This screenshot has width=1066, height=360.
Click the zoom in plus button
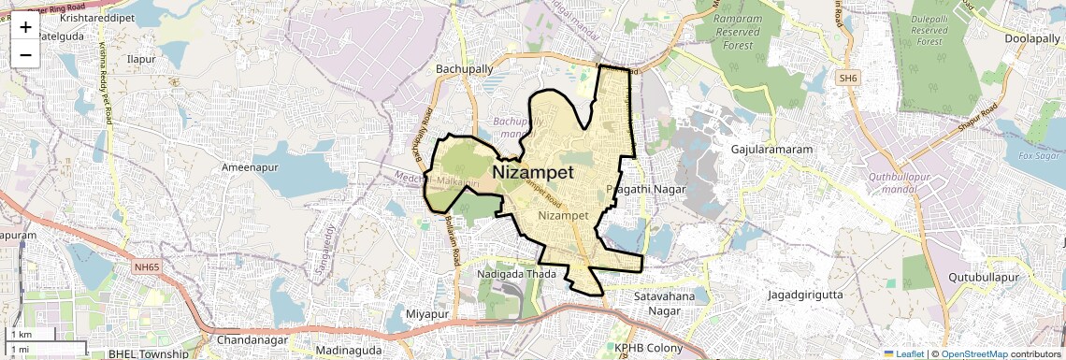(25, 27)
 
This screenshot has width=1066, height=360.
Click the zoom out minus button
(25, 55)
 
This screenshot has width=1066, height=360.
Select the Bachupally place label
(465, 69)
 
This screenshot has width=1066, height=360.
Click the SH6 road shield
(848, 79)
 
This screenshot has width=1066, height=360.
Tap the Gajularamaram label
(770, 150)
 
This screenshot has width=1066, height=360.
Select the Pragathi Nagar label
(646, 190)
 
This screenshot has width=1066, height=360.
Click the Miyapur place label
(429, 313)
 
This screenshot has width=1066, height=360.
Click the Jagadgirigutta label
(802, 295)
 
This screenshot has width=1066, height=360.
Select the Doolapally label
(1030, 39)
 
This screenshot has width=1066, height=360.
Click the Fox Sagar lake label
(1036, 155)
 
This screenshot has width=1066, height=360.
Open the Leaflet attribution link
(903, 354)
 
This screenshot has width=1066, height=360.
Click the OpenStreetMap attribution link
(973, 354)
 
